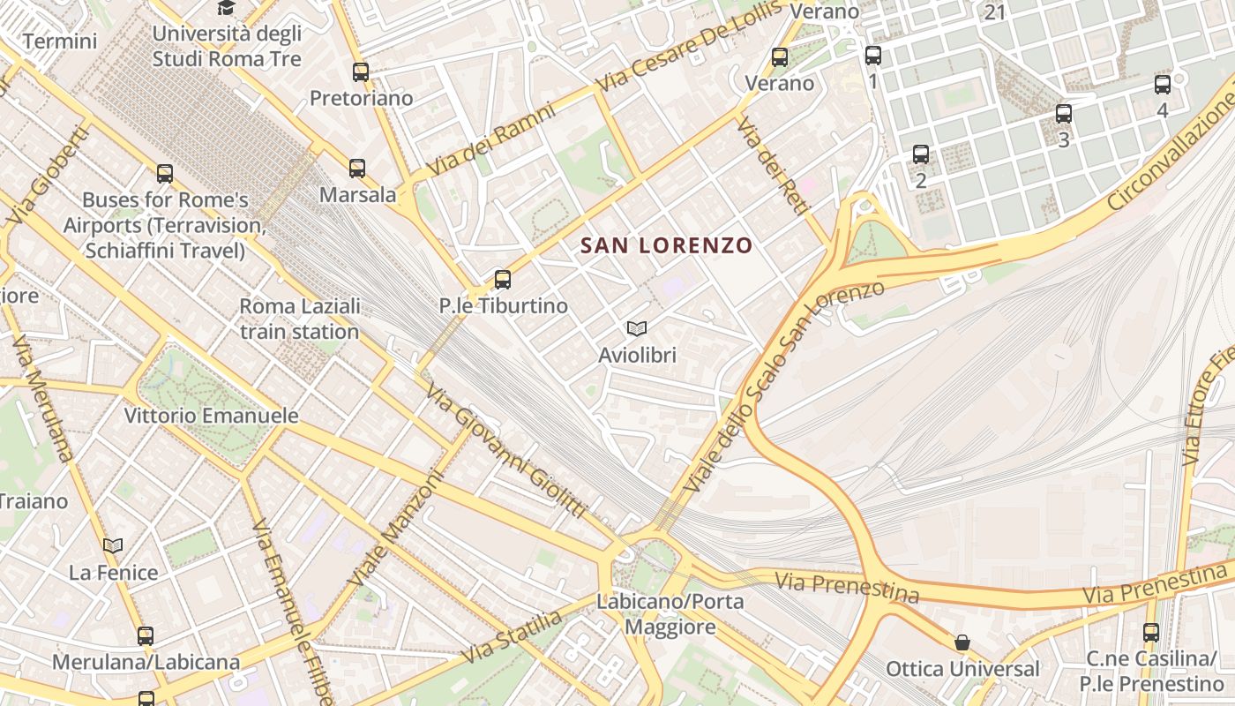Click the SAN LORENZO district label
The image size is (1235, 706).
(x=666, y=245)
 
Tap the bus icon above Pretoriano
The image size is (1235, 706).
(x=360, y=72)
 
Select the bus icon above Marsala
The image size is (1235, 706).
(x=356, y=168)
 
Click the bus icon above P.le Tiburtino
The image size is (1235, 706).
(x=502, y=280)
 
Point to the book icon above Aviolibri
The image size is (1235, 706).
(x=636, y=329)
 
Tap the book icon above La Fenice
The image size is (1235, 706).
(x=113, y=545)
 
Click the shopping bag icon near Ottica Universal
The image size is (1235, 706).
(x=962, y=642)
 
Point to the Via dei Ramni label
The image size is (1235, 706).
(x=490, y=141)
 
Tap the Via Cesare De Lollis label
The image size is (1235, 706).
(x=689, y=46)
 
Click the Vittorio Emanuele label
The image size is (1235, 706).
(x=211, y=416)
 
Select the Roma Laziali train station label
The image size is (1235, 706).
(x=300, y=319)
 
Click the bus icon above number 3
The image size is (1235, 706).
(x=1063, y=114)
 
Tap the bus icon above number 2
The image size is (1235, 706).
(x=920, y=154)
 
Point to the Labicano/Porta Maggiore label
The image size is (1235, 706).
(x=670, y=614)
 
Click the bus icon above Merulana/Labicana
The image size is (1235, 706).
(x=146, y=635)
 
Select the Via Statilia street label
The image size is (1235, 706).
(x=512, y=637)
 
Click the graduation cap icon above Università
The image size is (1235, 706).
(x=227, y=8)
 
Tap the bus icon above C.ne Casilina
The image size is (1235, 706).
(x=1150, y=632)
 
